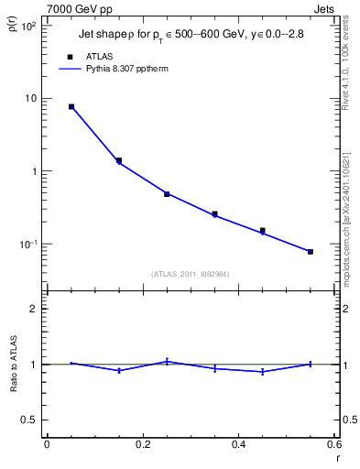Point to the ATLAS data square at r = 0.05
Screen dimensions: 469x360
tap(71, 107)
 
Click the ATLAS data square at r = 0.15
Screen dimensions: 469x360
tap(119, 160)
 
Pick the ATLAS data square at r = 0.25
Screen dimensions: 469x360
tap(167, 194)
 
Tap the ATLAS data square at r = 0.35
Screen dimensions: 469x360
tap(214, 214)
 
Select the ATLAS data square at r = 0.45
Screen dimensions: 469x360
tap(263, 231)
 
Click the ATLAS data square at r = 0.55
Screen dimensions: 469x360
tap(311, 252)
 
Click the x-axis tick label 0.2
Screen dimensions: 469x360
tap(143, 444)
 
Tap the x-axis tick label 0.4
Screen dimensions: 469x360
tap(238, 444)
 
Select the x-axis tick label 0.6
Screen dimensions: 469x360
tap(333, 444)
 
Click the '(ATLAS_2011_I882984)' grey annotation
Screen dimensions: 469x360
tap(191, 273)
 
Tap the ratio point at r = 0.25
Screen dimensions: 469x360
tap(167, 361)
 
